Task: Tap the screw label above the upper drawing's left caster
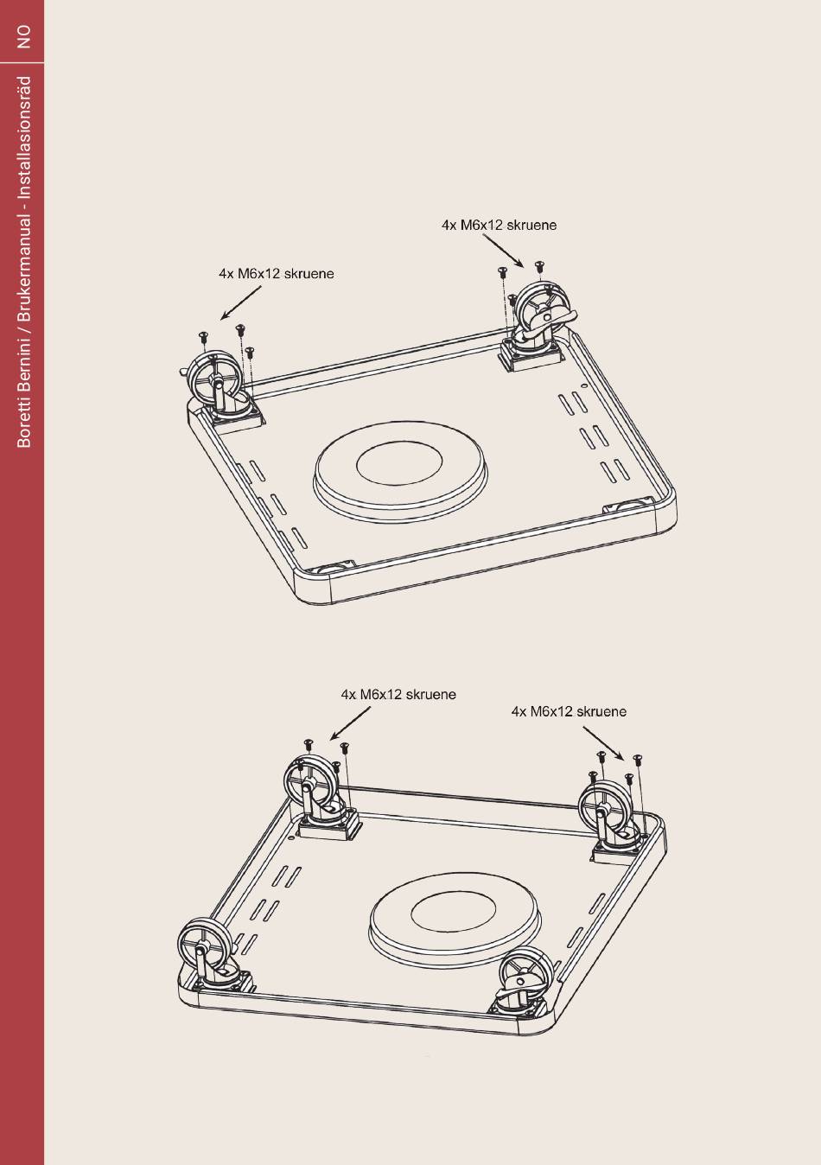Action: tap(276, 274)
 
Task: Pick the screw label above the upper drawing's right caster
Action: tap(499, 225)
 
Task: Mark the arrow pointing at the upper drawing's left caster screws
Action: tap(240, 302)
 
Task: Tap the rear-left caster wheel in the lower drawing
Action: tap(308, 781)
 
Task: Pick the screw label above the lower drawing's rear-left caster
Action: tap(398, 694)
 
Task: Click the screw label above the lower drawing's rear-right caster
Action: tap(569, 711)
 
